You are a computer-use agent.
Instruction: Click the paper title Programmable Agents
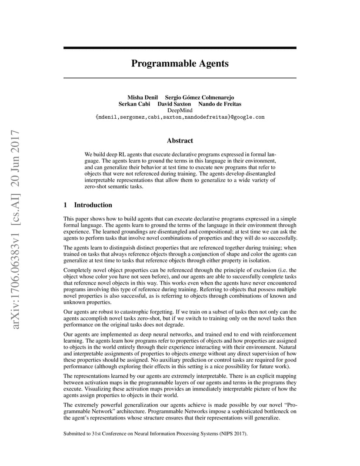tap(180, 63)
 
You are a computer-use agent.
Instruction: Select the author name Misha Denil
tap(142, 97)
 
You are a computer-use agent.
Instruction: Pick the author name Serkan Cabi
tap(134, 104)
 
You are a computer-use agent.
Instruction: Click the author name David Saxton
tap(174, 104)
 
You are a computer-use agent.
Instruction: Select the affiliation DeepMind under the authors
tap(180, 110)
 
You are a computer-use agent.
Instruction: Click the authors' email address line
tap(180, 117)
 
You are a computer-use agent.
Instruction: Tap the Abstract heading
tap(180, 140)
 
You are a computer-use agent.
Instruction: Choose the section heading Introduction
tap(93, 205)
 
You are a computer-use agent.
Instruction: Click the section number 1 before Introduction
tap(65, 205)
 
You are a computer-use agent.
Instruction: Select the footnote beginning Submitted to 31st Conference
tap(155, 433)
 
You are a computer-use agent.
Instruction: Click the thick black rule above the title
tap(180, 48)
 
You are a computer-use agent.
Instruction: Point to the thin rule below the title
tap(180, 78)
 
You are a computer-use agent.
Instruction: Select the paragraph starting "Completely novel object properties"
tap(180, 286)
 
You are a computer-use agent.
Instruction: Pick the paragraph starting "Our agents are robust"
tap(180, 318)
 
